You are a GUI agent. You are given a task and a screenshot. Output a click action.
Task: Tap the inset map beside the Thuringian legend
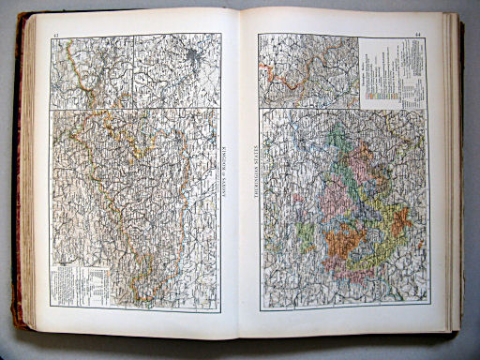308,70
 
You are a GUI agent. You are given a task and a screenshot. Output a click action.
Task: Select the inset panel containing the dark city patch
178,71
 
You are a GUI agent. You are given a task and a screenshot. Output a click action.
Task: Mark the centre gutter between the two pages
240,178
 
